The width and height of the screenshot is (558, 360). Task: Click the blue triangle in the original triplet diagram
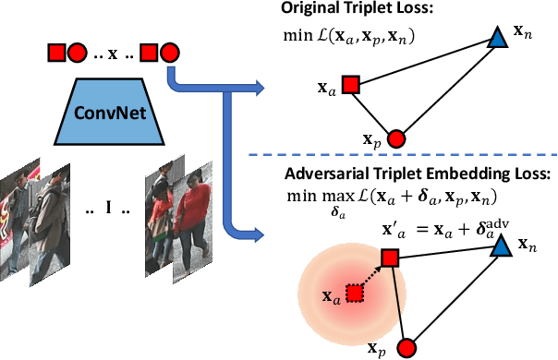pos(496,38)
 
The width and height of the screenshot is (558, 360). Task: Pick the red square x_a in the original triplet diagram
pos(351,86)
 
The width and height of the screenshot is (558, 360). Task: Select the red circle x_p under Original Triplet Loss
pos(395,138)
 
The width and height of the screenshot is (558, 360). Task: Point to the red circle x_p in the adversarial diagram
pos(404,348)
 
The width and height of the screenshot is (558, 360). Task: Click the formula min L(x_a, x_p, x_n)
pos(348,37)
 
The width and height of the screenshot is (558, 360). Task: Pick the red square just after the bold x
pos(151,54)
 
